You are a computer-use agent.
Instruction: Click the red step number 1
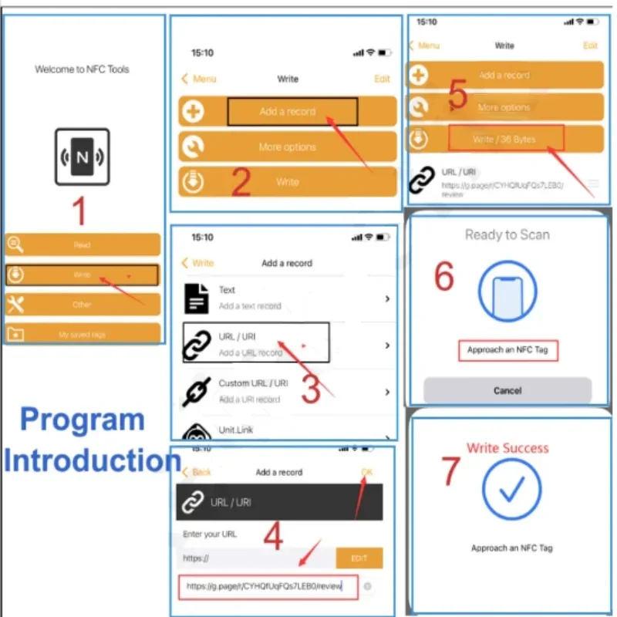point(79,211)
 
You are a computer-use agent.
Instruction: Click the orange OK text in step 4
point(366,471)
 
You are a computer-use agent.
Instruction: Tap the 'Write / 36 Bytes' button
point(506,139)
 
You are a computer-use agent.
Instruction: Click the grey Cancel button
point(507,390)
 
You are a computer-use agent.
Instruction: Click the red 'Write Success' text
point(507,448)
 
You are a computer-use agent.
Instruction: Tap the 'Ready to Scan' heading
point(507,234)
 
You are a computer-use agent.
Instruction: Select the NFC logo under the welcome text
point(82,157)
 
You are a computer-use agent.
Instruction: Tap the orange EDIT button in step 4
point(359,558)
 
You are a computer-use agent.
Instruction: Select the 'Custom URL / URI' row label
point(253,383)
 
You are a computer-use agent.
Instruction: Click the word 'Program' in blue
point(82,421)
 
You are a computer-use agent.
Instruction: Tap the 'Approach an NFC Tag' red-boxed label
point(507,350)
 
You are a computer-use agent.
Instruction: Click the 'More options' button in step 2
point(287,147)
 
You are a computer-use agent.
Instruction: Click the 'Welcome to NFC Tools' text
point(82,69)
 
